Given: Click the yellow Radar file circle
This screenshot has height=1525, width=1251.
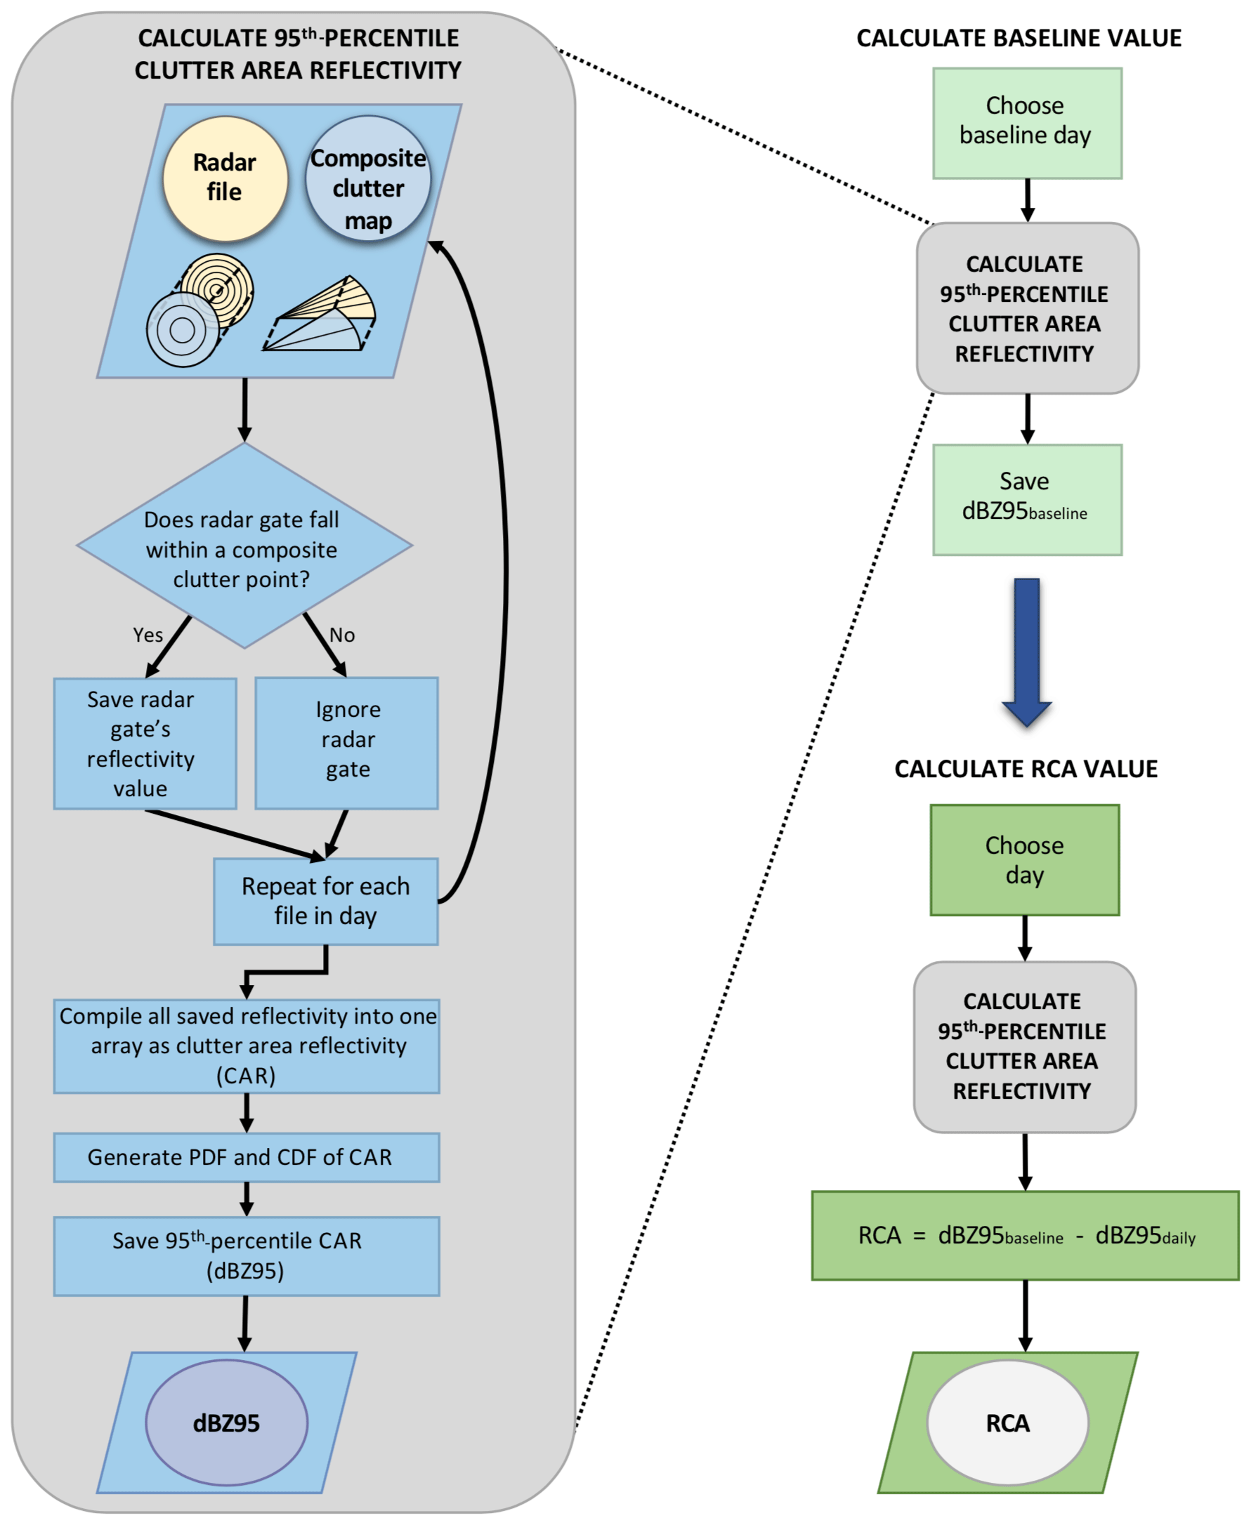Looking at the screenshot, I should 225,178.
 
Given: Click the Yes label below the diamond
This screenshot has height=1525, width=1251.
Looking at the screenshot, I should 148,635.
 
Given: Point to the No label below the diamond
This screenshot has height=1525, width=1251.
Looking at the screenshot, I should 341,635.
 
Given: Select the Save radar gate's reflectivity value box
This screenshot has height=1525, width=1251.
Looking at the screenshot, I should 145,744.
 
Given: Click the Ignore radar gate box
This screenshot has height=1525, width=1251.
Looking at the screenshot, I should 346,743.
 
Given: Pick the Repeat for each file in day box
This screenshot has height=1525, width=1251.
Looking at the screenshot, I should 326,902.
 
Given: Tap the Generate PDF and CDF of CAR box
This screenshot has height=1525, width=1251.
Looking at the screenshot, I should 247,1157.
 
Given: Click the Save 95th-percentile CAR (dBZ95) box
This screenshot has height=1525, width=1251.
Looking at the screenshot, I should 247,1255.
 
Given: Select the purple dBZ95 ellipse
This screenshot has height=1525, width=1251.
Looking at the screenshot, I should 226,1422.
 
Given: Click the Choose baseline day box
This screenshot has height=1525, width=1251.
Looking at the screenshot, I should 1027,123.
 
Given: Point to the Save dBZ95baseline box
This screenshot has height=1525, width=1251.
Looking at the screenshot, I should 1027,499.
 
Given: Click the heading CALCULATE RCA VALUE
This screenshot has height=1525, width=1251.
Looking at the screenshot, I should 1026,769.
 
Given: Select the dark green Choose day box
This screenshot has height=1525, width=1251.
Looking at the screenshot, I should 1024,859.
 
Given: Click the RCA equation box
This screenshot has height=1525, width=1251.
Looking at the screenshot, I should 1025,1236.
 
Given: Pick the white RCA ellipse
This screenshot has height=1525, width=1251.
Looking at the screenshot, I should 1007,1422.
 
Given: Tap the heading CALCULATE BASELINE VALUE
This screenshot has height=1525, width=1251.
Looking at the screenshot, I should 1019,37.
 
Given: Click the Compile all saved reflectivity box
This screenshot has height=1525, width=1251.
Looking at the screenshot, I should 247,1046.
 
